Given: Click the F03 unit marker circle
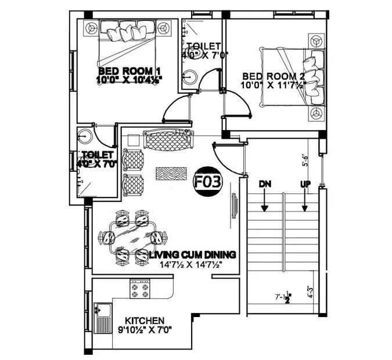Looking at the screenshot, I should pyautogui.click(x=207, y=182).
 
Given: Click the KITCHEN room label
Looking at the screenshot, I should pyautogui.click(x=145, y=321).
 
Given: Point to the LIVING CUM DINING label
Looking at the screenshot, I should pyautogui.click(x=192, y=254).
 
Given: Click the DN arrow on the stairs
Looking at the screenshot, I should pyautogui.click(x=265, y=197).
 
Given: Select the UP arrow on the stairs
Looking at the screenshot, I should pyautogui.click(x=304, y=197).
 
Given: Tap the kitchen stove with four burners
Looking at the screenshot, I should pyautogui.click(x=141, y=287).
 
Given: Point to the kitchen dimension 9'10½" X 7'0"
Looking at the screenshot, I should pyautogui.click(x=145, y=331).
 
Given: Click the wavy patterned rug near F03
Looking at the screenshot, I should pyautogui.click(x=171, y=173).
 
